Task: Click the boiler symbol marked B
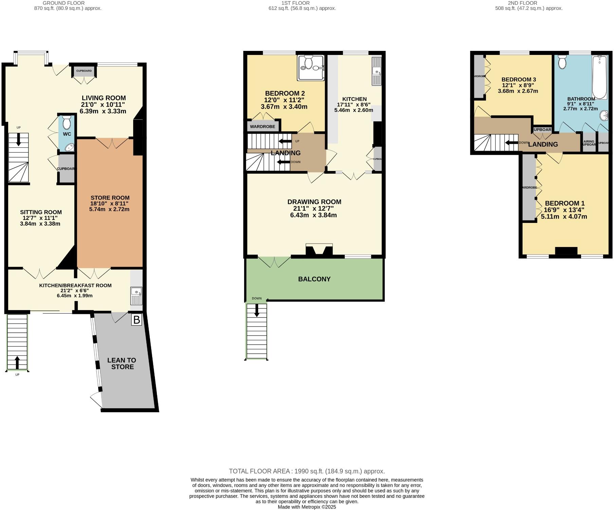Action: (x=137, y=320)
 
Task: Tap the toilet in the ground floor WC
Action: (x=67, y=122)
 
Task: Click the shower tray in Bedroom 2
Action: (x=310, y=68)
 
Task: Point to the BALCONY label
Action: (x=314, y=279)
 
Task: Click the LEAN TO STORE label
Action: (x=122, y=363)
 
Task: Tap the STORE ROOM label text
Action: (x=110, y=198)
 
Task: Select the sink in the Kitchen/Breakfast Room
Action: (x=137, y=296)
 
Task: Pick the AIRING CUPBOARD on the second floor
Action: (x=589, y=143)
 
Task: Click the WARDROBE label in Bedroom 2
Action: (x=263, y=127)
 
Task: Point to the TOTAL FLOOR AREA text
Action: (x=307, y=471)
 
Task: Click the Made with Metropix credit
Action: (x=307, y=507)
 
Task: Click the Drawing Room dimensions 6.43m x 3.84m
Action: (x=313, y=215)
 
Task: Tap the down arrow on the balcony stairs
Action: (x=257, y=310)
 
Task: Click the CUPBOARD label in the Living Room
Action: (x=84, y=71)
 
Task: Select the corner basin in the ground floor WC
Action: (x=69, y=147)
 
